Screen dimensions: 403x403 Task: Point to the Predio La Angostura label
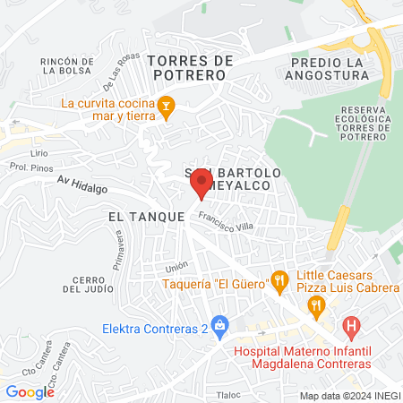331,68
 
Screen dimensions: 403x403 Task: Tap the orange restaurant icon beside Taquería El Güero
279,280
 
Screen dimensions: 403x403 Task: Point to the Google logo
30,391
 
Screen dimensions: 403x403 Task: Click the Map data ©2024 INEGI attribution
349,395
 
